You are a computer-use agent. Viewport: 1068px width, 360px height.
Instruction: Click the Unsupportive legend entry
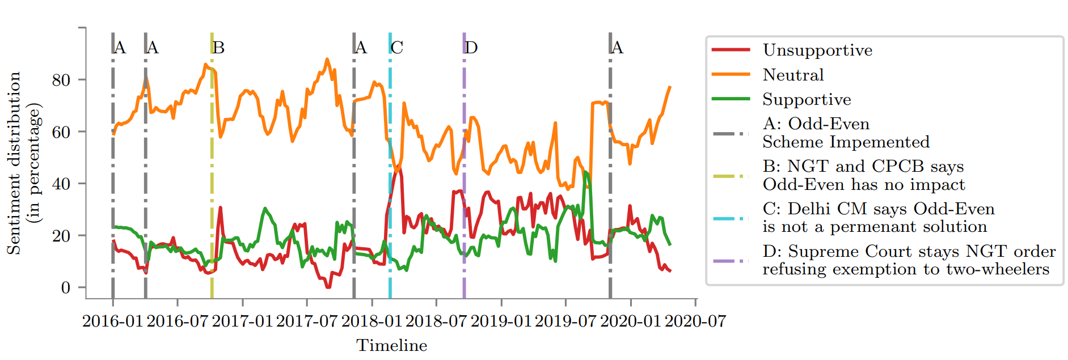(817, 50)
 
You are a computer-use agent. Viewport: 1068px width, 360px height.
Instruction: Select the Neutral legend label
(793, 75)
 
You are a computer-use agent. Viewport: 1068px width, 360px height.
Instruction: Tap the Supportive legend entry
(807, 100)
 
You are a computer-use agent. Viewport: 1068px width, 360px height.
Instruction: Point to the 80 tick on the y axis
(61, 80)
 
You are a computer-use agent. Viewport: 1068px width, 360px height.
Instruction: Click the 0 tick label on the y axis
(66, 287)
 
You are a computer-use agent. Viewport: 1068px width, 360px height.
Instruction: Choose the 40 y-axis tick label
(61, 184)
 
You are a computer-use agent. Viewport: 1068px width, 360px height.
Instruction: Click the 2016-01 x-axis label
(112, 321)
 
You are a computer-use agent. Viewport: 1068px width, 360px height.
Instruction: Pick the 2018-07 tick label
(436, 321)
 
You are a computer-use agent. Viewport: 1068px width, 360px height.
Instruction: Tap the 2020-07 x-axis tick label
(695, 321)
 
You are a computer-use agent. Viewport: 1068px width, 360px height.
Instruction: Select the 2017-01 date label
(242, 321)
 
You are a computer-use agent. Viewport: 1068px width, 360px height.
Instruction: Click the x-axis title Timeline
(391, 345)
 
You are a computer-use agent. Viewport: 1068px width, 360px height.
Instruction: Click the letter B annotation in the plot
(219, 48)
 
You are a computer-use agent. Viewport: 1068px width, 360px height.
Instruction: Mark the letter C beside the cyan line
(397, 48)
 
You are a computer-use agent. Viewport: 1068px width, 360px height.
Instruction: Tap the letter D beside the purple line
(471, 48)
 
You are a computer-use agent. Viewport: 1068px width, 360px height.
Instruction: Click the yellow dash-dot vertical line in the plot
(212, 170)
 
